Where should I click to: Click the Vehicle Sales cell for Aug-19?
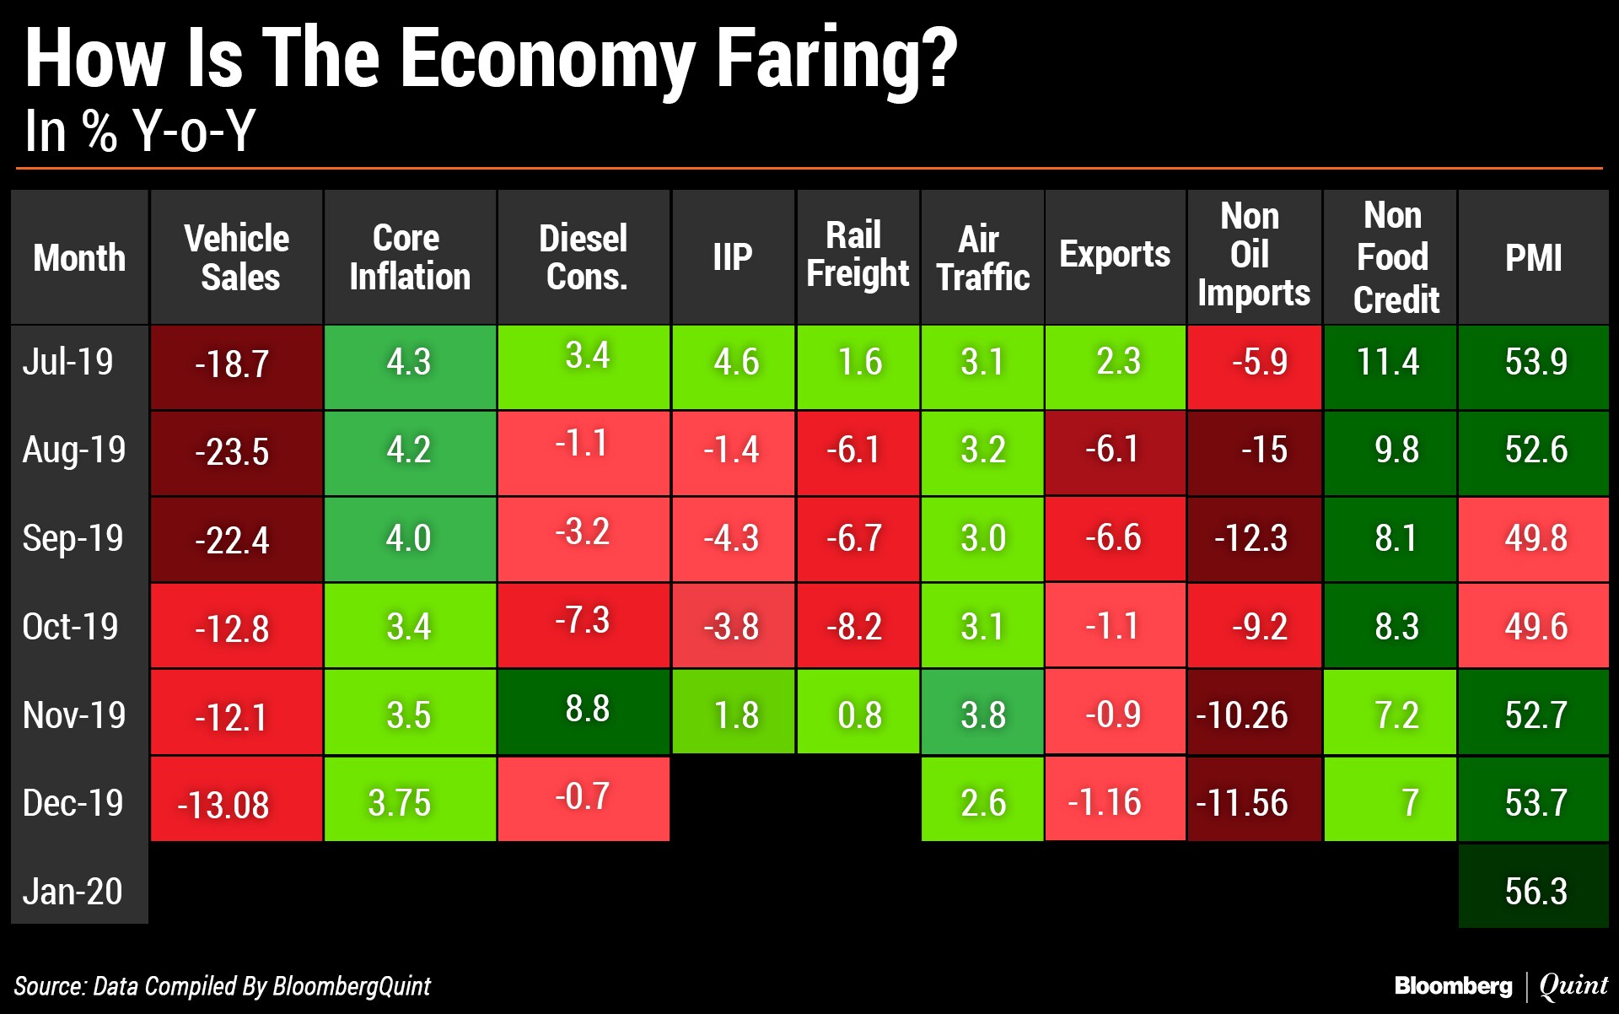click(236, 453)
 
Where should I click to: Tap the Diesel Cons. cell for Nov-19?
click(584, 712)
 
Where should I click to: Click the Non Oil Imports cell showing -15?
click(1254, 453)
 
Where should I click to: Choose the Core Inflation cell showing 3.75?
click(410, 799)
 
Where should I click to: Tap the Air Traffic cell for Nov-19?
click(982, 712)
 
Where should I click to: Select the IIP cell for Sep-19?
click(733, 539)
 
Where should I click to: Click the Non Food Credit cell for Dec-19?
click(1390, 799)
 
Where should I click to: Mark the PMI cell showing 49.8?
click(1534, 539)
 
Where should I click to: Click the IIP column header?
click(733, 256)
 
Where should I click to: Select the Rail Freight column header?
click(858, 256)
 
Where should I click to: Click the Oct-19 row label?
click(71, 627)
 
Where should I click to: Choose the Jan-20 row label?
click(73, 891)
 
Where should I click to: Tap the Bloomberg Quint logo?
click(1502, 985)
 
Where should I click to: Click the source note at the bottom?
click(222, 986)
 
